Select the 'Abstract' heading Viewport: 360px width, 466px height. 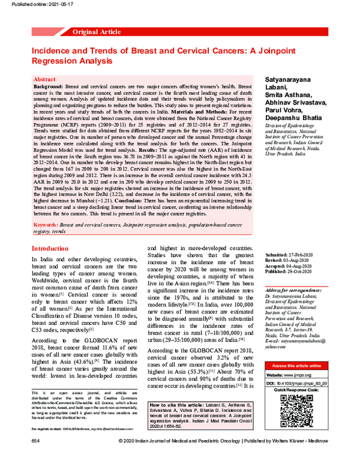45,79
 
